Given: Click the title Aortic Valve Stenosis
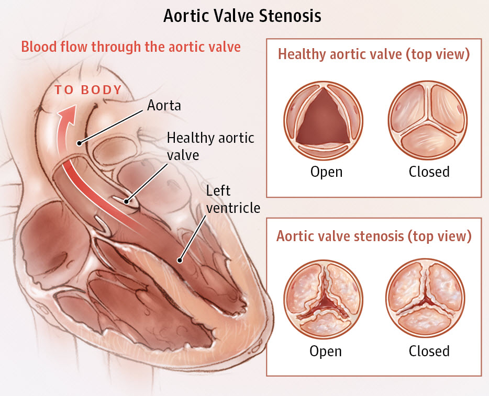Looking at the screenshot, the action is (242, 16).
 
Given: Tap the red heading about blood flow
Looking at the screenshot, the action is (131, 47).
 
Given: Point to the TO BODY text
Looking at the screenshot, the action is (88, 90).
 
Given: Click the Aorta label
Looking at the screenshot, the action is (164, 105).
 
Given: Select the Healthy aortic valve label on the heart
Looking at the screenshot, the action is (210, 146).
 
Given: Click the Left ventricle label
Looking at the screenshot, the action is (234, 199).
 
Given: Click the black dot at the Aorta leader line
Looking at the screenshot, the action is (80, 143).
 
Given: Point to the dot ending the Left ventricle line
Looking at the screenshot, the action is (180, 260).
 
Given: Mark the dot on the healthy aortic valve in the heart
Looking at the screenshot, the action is (126, 201).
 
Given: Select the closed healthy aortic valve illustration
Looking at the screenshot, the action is (428, 120).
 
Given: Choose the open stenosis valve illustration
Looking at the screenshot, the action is (324, 299).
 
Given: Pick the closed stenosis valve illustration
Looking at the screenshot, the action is (425, 298).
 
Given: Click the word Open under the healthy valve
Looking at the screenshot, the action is (327, 172).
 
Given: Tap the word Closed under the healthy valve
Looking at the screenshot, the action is (429, 172).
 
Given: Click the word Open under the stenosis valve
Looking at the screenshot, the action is (326, 351).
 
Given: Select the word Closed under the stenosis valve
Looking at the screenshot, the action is (429, 351).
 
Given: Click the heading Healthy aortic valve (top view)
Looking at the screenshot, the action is (374, 54).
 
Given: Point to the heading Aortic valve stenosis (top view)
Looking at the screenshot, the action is (374, 236).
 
